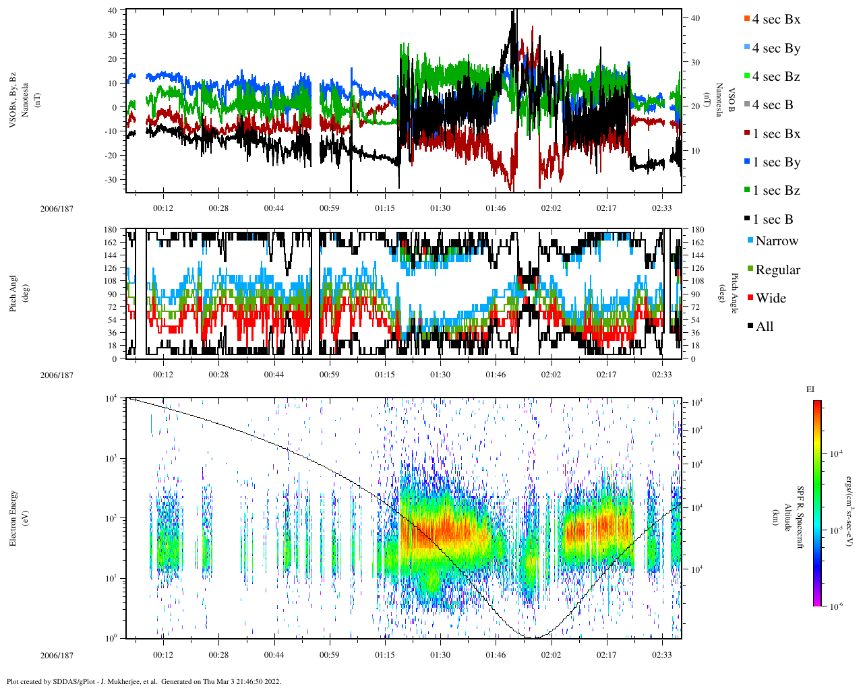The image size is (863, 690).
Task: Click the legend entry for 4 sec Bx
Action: point(775,20)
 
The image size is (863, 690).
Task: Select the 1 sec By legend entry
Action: point(775,162)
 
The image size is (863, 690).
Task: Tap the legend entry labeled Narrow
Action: point(776,241)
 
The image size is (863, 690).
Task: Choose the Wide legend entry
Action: point(770,299)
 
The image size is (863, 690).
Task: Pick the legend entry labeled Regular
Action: point(777,270)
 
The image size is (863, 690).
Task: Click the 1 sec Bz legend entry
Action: point(775,191)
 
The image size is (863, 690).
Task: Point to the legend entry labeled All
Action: point(764,327)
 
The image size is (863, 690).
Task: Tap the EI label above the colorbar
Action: point(810,389)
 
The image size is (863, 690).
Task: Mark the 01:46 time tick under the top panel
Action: point(496,208)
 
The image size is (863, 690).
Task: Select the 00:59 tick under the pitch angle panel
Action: point(329,375)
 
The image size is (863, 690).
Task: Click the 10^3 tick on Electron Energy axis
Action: point(111,458)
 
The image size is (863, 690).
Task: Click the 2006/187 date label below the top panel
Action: point(57,208)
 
